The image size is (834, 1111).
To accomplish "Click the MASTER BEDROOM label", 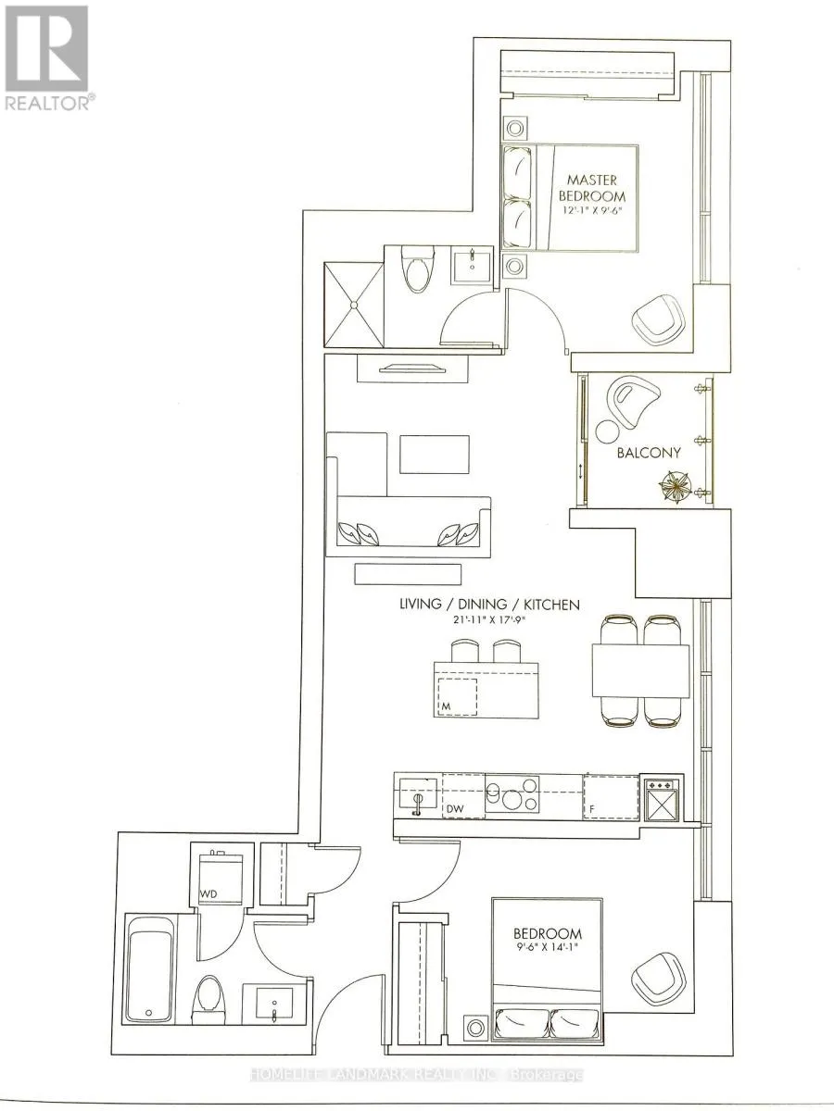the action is coord(592,188).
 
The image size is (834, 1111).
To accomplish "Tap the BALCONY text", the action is coord(648,453).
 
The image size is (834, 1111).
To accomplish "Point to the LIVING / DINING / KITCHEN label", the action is coord(489,605).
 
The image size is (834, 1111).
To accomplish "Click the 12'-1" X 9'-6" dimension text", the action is coord(590,210).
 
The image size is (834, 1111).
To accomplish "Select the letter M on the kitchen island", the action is coord(446,705).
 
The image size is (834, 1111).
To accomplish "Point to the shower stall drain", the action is coord(354,305).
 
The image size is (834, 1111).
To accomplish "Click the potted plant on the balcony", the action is coord(676,485).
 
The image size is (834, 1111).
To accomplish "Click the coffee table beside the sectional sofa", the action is coord(435,454).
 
